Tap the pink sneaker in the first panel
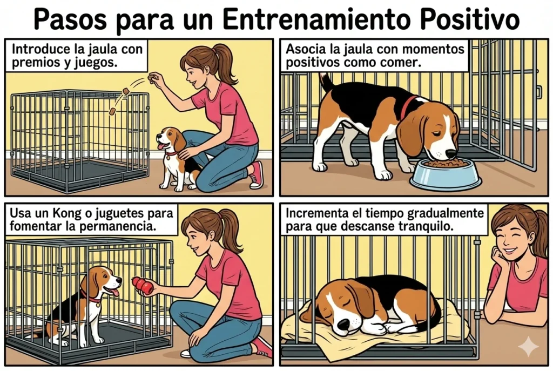point(256,174)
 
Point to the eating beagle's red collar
point(406,107)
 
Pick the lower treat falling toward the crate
point(112,112)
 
